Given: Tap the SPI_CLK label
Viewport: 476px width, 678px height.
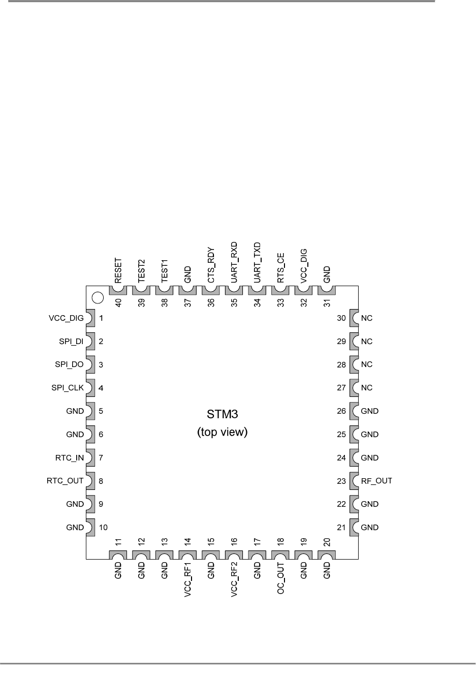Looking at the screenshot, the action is (68, 388).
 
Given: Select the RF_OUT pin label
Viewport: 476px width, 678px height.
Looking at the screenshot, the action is (376, 481).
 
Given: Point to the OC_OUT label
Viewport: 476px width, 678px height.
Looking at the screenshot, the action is (281, 578).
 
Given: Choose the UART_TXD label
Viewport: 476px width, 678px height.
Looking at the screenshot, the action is (258, 263).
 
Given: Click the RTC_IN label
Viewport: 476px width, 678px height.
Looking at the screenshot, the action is (70, 458).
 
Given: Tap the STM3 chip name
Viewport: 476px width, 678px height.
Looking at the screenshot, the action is (222, 414).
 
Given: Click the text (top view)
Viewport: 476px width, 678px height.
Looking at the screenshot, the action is (222, 433).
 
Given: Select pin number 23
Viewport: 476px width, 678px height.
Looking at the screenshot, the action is (341, 481).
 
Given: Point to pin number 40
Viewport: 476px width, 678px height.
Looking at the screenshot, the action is (118, 302).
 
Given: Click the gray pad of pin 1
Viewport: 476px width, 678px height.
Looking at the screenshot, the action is (90, 318).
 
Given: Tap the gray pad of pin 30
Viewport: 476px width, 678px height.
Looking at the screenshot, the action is (355, 318).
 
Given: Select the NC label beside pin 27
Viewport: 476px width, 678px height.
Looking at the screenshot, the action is (366, 388).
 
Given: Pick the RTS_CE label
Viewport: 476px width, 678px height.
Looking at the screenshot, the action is (281, 268).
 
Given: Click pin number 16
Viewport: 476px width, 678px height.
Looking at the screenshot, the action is (234, 542).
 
